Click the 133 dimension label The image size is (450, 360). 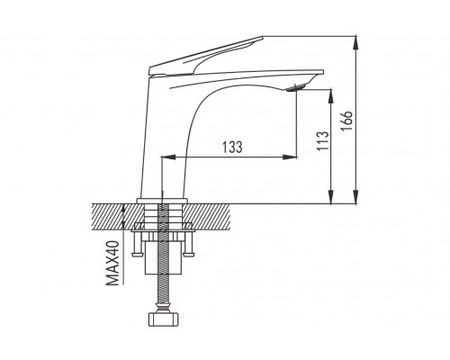pyautogui.click(x=232, y=148)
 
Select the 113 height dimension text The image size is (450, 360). pyautogui.click(x=323, y=141)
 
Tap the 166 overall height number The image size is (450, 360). pyautogui.click(x=346, y=121)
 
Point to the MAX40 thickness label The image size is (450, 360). pyautogui.click(x=112, y=263)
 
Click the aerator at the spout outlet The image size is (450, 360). pyautogui.click(x=295, y=88)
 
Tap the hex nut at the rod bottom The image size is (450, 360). pyautogui.click(x=163, y=319)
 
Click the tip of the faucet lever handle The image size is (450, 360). pyautogui.click(x=263, y=38)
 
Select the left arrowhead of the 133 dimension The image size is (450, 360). pyautogui.click(x=168, y=157)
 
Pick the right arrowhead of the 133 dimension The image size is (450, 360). pyautogui.click(x=290, y=157)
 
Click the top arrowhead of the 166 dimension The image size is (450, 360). pyautogui.click(x=355, y=42)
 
